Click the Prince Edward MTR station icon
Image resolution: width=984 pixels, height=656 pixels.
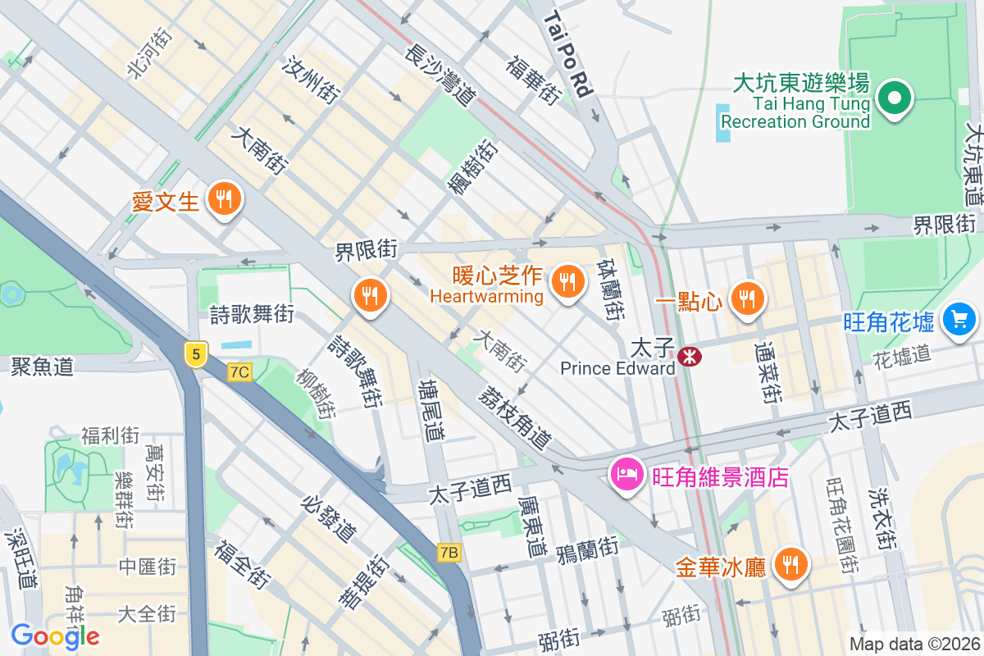pyautogui.click(x=689, y=356)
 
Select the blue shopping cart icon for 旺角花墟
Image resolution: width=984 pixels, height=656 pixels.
pyautogui.click(x=959, y=319)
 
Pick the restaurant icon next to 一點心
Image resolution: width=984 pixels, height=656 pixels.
pyautogui.click(x=746, y=299)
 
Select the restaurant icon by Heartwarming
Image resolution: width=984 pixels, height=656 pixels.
pyautogui.click(x=566, y=283)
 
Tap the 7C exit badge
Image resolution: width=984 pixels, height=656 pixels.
pyautogui.click(x=239, y=372)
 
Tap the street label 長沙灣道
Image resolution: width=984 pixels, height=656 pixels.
pyautogui.click(x=440, y=75)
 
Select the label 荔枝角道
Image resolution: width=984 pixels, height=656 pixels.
pyautogui.click(x=514, y=417)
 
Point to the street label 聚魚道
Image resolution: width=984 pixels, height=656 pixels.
pyautogui.click(x=42, y=366)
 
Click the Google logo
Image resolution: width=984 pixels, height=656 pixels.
pyautogui.click(x=55, y=635)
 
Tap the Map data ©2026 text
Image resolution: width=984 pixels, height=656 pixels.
pyautogui.click(x=914, y=645)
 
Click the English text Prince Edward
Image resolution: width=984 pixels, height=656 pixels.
pyautogui.click(x=617, y=368)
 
